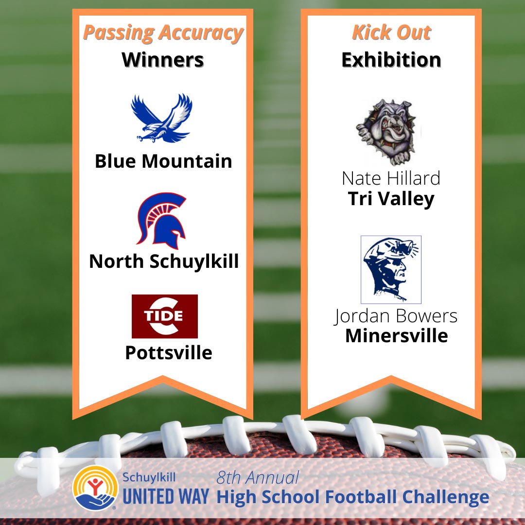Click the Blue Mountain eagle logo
pos(162,118)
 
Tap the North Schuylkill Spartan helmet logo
pos(161,221)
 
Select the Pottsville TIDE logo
pos(165,316)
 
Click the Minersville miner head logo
pos(391,269)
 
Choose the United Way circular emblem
pos(95,488)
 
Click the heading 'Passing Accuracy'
pos(163,33)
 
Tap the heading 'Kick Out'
pos(391,33)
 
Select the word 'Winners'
pos(163,60)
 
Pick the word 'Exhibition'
pos(391,60)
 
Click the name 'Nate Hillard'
pos(391,178)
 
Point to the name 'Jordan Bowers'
pos(395,316)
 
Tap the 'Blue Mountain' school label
pos(163,161)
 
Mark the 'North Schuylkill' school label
pos(164,262)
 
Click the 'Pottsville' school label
pos(168,352)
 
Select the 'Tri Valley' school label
pos(391,199)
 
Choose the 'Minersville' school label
pos(397,335)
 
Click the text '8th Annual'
pos(258,477)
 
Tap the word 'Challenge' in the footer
pos(446,497)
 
